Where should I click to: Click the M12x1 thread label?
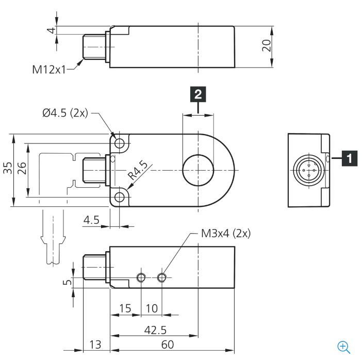pyautogui.click(x=49, y=70)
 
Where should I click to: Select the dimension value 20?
pyautogui.click(x=266, y=45)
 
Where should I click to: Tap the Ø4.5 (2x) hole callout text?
pyautogui.click(x=65, y=113)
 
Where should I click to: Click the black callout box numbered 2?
pyautogui.click(x=198, y=94)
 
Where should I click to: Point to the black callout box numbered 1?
pyautogui.click(x=350, y=158)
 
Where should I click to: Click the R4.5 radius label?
pyautogui.click(x=138, y=170)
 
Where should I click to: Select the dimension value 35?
pyautogui.click(x=8, y=168)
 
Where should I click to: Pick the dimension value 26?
pyautogui.click(x=22, y=168)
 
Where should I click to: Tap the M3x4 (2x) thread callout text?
pyautogui.click(x=226, y=234)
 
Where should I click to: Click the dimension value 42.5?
pyautogui.click(x=155, y=330)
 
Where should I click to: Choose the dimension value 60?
pyautogui.click(x=168, y=345)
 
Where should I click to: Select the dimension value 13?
pyautogui.click(x=95, y=345)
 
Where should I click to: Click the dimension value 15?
pyautogui.click(x=125, y=308)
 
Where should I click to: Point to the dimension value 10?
pyautogui.click(x=152, y=308)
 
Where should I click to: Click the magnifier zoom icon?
pyautogui.click(x=343, y=347)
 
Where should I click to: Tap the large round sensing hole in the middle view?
pyautogui.click(x=198, y=155)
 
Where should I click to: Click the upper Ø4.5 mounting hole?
pyautogui.click(x=120, y=143)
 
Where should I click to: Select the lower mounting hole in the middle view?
pyautogui.click(x=120, y=197)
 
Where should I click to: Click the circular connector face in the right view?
pyautogui.click(x=309, y=170)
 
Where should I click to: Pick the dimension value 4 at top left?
pyautogui.click(x=52, y=30)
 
